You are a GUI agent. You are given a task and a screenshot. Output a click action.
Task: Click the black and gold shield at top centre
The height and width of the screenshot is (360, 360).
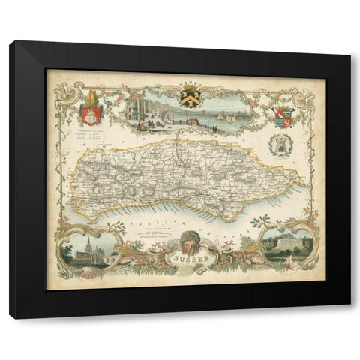[188, 98]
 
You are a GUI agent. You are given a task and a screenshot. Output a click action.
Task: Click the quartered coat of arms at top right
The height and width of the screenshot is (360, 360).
[282, 117]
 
